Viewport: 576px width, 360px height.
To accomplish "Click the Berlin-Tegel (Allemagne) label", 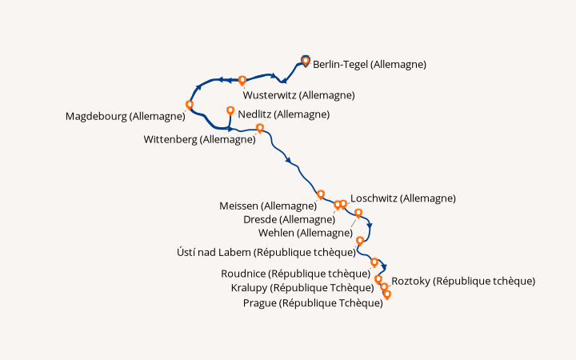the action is pyautogui.click(x=370, y=65).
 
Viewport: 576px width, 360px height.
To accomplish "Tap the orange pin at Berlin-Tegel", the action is pyautogui.click(x=306, y=61).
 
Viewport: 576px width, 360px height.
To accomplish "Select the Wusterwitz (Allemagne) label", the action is pyautogui.click(x=298, y=95).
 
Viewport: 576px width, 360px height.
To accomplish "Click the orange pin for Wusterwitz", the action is pyautogui.click(x=242, y=80).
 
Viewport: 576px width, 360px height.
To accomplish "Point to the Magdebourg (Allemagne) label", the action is pyautogui.click(x=126, y=117).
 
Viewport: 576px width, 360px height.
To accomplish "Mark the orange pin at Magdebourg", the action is pyautogui.click(x=189, y=105).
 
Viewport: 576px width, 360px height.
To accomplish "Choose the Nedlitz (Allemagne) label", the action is pyautogui.click(x=283, y=114).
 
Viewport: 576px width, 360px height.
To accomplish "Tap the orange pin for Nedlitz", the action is pyautogui.click(x=230, y=110).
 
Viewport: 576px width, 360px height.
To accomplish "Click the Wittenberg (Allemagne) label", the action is pyautogui.click(x=199, y=139).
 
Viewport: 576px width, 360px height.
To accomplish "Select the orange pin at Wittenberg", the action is pyautogui.click(x=260, y=128).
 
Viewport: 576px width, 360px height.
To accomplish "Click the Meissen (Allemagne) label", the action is pyautogui.click(x=268, y=206).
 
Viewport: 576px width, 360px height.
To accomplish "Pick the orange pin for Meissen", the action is pyautogui.click(x=321, y=194).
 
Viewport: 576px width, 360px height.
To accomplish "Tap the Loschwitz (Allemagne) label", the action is pyautogui.click(x=403, y=198).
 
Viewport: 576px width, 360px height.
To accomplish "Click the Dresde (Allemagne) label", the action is pyautogui.click(x=289, y=220).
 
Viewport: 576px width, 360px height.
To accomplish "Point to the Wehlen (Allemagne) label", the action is pyautogui.click(x=306, y=233).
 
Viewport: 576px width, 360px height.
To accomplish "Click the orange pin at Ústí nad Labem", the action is pyautogui.click(x=360, y=241).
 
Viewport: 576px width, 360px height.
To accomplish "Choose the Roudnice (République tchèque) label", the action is pyautogui.click(x=296, y=274).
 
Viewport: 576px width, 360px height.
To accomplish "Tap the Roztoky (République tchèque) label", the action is pyautogui.click(x=463, y=282).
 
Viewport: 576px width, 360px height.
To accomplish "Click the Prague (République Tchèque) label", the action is pyautogui.click(x=313, y=303).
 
